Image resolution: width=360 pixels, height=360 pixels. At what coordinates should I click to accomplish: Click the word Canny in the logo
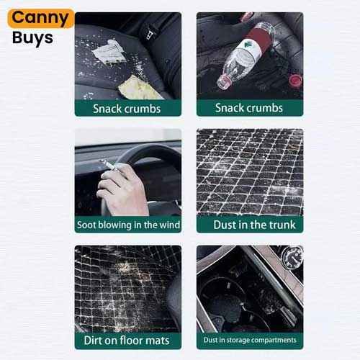click(40, 18)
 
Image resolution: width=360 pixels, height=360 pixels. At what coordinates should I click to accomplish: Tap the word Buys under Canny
click(32, 38)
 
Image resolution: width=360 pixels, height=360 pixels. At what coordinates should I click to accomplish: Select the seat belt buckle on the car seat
click(148, 32)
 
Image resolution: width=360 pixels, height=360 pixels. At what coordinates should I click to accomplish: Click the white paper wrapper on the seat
click(109, 51)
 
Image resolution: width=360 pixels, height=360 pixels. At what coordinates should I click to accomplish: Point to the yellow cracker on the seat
click(139, 88)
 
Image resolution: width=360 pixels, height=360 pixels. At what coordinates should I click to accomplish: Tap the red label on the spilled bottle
click(256, 39)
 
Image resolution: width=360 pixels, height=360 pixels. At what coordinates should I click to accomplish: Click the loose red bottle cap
click(295, 81)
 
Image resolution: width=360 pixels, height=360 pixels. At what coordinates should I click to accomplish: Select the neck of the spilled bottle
click(225, 81)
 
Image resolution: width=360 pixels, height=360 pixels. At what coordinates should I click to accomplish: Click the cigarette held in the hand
click(108, 164)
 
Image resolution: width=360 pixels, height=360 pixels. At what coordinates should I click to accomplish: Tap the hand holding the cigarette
click(122, 189)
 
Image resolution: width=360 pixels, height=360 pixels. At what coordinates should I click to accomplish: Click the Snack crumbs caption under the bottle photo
click(249, 108)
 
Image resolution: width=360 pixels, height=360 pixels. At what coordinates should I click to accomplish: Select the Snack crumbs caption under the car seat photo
click(127, 109)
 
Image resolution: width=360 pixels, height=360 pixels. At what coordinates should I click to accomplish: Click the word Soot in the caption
click(86, 225)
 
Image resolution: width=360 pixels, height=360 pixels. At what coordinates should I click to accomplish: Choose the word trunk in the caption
click(282, 225)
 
